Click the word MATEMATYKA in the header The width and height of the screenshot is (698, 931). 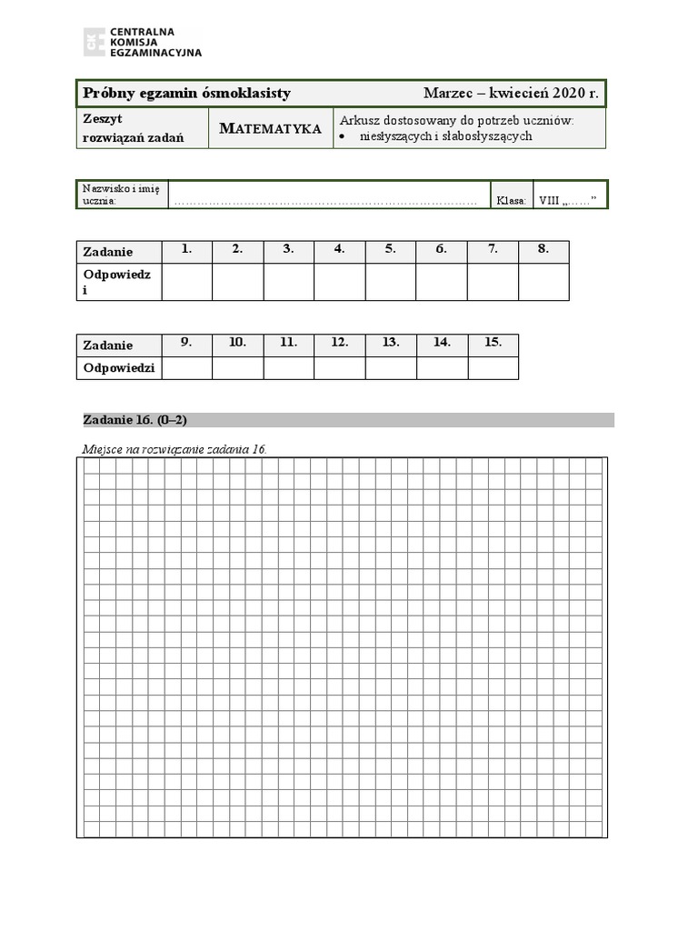click(271, 129)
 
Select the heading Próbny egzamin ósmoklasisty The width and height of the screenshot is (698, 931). click(186, 94)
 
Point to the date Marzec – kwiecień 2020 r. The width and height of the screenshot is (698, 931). click(511, 94)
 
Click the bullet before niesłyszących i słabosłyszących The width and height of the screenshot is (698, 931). click(342, 137)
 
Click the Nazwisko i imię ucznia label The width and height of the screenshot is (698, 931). click(121, 195)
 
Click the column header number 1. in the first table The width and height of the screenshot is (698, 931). click(187, 250)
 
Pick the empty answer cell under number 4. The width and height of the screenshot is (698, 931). click(340, 282)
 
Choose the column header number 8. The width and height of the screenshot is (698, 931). click(543, 250)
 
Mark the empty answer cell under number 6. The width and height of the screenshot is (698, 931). click(442, 282)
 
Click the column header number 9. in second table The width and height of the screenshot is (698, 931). click(186, 343)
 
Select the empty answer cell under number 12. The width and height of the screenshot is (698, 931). click(340, 368)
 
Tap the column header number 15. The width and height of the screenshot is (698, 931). click(493, 343)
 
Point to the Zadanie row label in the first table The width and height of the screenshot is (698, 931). click(108, 252)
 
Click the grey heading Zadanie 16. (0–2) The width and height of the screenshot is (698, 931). click(135, 419)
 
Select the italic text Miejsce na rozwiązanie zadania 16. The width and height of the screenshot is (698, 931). click(175, 449)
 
